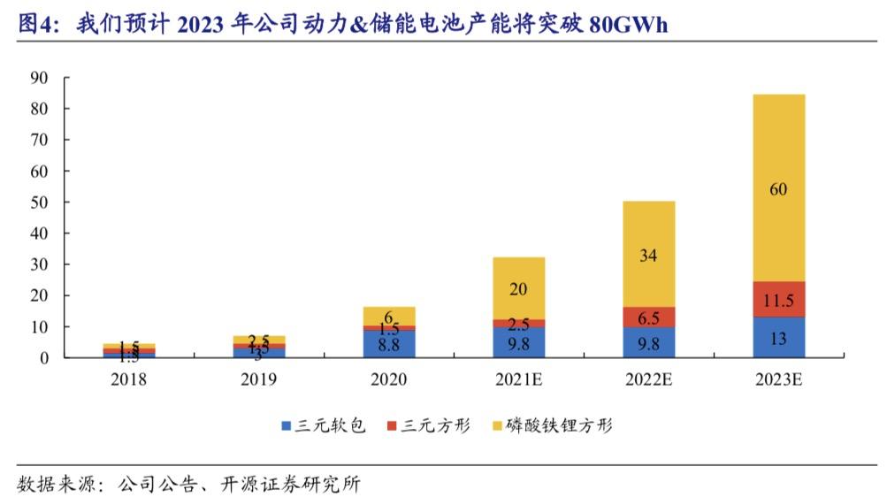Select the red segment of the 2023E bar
tap(778, 299)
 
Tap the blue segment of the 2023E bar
tap(778, 337)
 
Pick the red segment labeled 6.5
tap(648, 317)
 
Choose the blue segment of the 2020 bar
tap(389, 344)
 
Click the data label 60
tap(778, 188)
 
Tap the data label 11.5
tap(778, 300)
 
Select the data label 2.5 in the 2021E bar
tap(518, 325)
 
